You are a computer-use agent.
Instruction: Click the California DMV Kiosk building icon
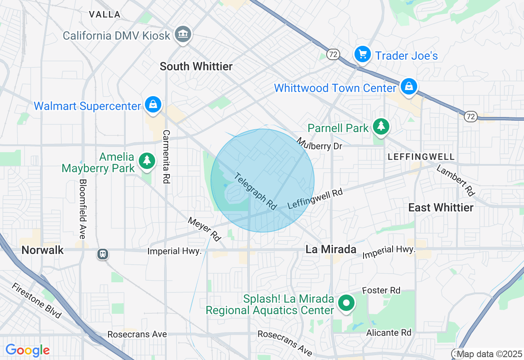[183, 34]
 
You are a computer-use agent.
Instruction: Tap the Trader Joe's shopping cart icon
[362, 54]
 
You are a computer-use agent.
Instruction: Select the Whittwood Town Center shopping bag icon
[409, 87]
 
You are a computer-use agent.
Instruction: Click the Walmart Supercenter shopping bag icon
[153, 105]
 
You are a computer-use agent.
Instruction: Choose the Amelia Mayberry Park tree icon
[147, 161]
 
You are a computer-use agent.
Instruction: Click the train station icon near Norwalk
[102, 254]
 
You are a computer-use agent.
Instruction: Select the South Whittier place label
[196, 66]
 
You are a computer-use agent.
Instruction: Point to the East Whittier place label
[441, 207]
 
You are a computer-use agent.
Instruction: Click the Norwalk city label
[43, 250]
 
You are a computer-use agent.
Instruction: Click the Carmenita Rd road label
[166, 157]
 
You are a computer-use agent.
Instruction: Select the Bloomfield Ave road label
[83, 209]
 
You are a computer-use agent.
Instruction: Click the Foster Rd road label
[381, 290]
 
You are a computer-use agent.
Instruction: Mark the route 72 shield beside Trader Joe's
[333, 54]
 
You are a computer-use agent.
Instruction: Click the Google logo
[27, 350]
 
